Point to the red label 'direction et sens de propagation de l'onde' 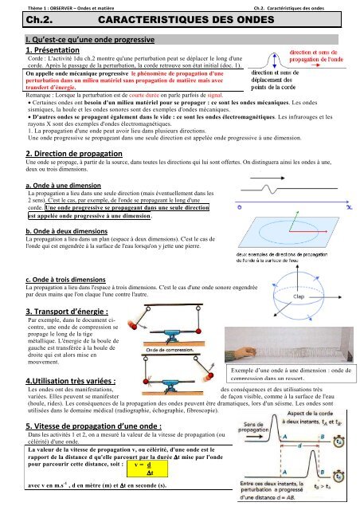[x=315, y=56]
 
